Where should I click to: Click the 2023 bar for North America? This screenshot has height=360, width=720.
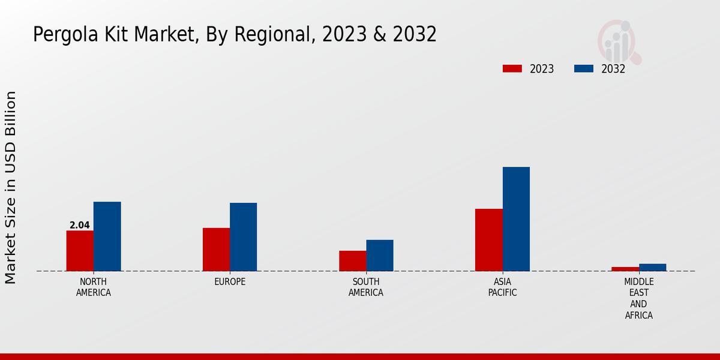click(x=80, y=251)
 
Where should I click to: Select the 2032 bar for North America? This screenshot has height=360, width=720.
click(x=107, y=236)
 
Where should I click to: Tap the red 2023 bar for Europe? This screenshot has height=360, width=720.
click(x=216, y=250)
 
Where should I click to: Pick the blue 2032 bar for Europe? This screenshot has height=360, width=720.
click(x=243, y=237)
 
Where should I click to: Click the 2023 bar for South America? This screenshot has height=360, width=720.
click(x=352, y=261)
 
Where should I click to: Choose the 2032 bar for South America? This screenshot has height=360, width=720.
click(x=380, y=256)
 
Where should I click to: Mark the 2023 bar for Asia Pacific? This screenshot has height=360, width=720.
click(x=488, y=240)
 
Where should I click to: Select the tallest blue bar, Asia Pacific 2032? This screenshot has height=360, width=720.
click(x=516, y=219)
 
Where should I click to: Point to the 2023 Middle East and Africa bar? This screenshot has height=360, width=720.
click(x=625, y=269)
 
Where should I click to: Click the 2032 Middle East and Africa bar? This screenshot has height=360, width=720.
click(x=652, y=268)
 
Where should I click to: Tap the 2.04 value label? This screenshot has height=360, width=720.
click(x=80, y=226)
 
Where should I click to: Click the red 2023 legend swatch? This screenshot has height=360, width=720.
click(x=512, y=68)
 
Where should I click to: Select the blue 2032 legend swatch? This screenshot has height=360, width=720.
click(x=583, y=68)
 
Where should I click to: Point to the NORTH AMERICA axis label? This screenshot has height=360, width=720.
click(x=94, y=287)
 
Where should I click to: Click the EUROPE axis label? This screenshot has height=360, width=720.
click(x=230, y=282)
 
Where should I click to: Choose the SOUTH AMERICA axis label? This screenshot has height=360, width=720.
click(x=366, y=287)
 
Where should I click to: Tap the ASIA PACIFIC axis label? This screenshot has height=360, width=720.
click(x=502, y=287)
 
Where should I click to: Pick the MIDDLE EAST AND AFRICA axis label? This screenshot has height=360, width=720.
click(x=638, y=298)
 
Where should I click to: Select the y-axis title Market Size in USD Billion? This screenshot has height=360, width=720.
click(x=11, y=187)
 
